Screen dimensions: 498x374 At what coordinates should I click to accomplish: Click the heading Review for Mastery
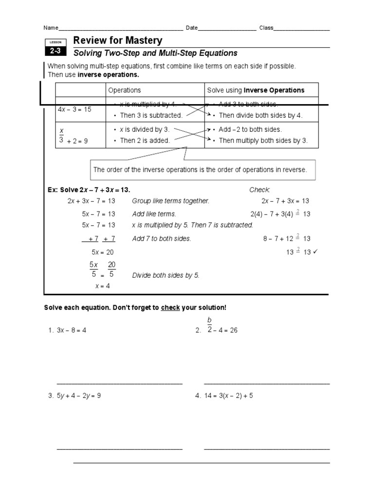(117, 40)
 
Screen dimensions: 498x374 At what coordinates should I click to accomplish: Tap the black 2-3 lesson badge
(54, 51)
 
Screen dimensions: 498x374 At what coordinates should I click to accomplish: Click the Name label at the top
(51, 28)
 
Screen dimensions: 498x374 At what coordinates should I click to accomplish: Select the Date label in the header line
(192, 28)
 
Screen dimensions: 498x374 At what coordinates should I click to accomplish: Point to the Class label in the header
(266, 28)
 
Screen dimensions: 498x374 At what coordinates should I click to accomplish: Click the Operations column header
(124, 90)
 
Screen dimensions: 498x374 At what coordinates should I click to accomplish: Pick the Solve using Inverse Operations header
(256, 90)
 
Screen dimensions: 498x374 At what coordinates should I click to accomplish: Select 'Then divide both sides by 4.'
(261, 115)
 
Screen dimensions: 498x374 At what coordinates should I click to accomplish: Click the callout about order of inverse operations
(200, 170)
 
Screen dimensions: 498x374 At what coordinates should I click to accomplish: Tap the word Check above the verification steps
(259, 190)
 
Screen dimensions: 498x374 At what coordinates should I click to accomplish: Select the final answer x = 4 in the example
(102, 286)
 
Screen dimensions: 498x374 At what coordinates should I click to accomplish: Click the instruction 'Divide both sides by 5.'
(166, 275)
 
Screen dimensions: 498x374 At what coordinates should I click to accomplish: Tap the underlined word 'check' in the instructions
(170, 308)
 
